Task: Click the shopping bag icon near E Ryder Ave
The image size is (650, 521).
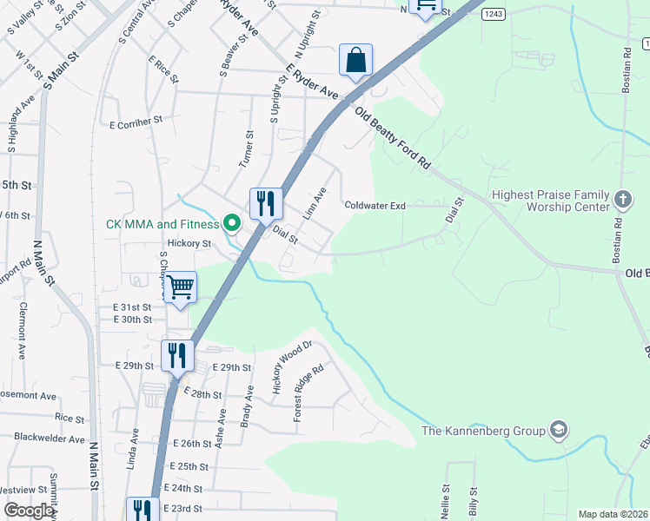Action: (355, 61)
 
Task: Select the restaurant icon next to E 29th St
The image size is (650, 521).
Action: (176, 356)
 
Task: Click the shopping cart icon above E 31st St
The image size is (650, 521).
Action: (180, 287)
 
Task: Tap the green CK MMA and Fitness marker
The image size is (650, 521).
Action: (232, 224)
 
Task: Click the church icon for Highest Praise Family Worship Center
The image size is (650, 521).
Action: (622, 201)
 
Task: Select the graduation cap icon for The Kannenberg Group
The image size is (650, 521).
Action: (559, 430)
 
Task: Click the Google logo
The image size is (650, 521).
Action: (29, 511)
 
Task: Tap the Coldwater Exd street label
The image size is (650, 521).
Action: (375, 206)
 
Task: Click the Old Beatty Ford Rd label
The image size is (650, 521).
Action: (393, 137)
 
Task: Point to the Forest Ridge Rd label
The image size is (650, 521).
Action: (308, 392)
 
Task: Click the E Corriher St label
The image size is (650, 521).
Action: (136, 122)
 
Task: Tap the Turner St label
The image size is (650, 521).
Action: (249, 147)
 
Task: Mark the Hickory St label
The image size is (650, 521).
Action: (189, 244)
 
